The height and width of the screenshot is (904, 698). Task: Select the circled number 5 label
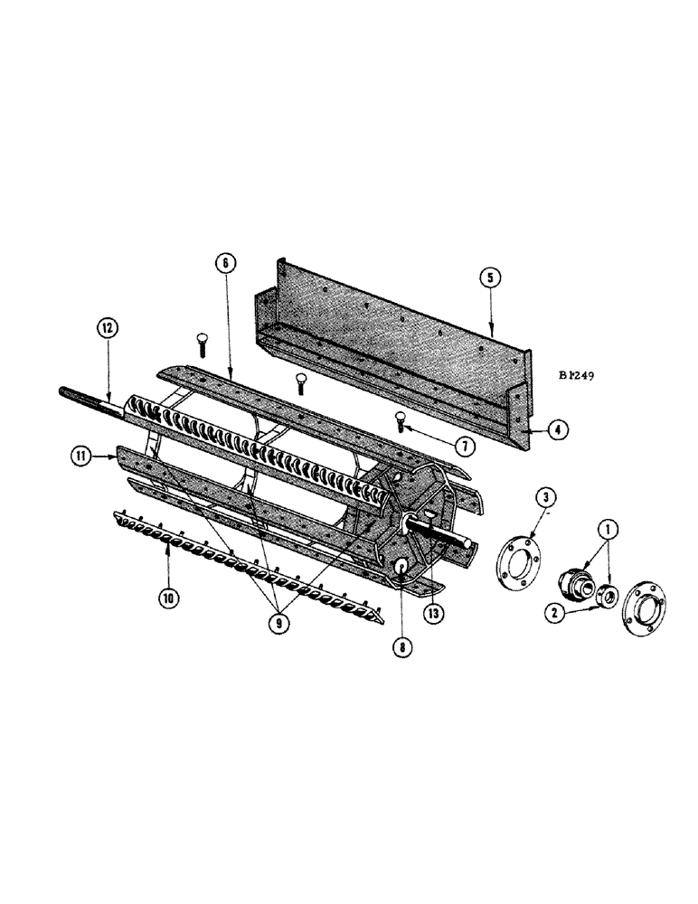[489, 278]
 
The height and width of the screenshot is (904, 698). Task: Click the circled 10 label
[166, 597]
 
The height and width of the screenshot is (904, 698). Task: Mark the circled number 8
[400, 647]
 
